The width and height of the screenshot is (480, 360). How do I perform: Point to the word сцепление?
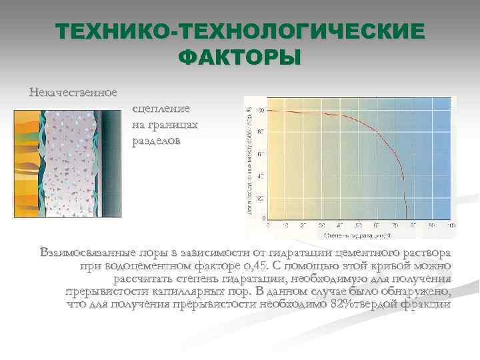[x=161, y=109]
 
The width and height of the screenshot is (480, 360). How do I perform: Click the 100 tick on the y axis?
[x=259, y=110]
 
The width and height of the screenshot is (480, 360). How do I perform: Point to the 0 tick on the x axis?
[x=268, y=225]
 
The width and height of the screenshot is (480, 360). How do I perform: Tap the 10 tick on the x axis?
[x=286, y=225]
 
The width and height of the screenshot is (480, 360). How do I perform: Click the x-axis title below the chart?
[x=357, y=235]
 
